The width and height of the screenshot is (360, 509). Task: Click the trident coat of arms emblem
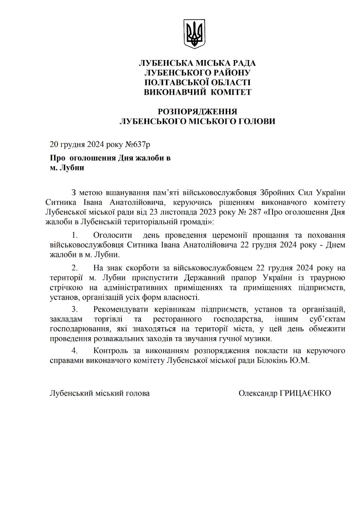tap(195, 34)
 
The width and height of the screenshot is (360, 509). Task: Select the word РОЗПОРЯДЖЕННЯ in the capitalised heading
tap(198, 111)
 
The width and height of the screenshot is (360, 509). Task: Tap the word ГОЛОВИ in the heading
tap(255, 121)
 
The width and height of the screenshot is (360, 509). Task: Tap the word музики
tap(261, 339)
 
